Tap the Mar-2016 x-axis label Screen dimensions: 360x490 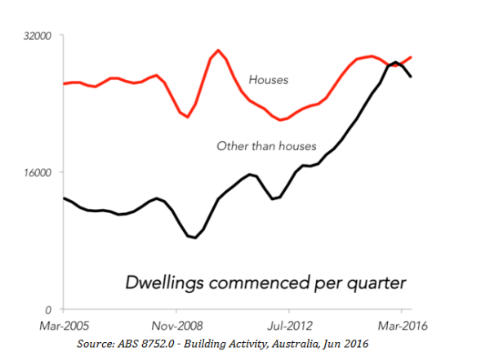[399, 324]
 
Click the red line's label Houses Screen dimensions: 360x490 [269, 80]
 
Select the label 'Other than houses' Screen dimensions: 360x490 [265, 146]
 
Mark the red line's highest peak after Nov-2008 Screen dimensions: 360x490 [218, 50]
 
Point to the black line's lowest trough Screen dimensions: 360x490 [194, 238]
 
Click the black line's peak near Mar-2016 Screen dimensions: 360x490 [395, 62]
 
